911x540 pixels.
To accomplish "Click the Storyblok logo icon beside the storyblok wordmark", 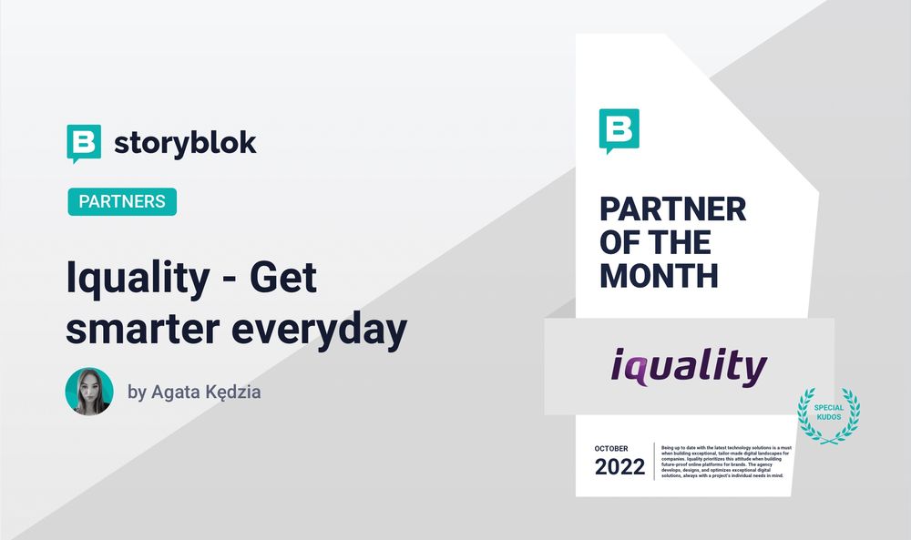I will coord(84,143).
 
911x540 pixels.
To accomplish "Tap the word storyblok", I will coord(185,144).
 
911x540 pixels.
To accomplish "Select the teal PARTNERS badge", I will coord(122,201).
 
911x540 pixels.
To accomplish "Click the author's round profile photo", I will coord(89,392).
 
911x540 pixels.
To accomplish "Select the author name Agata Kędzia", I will coord(207,393).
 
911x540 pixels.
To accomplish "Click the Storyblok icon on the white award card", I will coord(619,130).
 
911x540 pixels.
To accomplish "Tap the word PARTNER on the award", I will coord(672,209).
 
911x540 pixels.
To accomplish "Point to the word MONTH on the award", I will coord(659,275).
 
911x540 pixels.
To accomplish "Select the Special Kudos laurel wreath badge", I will coord(828,414).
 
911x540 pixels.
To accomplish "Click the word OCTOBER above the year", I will coord(618,449).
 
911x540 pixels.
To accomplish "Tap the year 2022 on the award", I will coord(619,468).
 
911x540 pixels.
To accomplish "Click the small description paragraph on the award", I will coord(727,460).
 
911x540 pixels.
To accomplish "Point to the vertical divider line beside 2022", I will coord(654,461).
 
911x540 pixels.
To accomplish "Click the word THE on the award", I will coord(677,242).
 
